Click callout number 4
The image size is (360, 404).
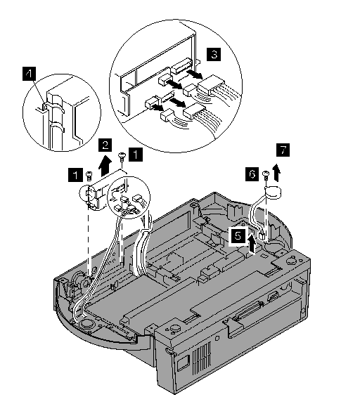pos(29,74)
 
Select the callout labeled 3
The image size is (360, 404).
pos(214,55)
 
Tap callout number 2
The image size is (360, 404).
pos(105,145)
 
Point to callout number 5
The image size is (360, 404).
pos(238,235)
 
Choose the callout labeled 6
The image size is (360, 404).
pos(252,174)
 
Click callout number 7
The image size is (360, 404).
pos(283,150)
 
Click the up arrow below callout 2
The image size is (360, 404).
pos(105,165)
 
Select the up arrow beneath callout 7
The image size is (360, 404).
pos(277,172)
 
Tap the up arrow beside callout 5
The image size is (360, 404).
pos(251,242)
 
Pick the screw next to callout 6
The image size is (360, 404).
pos(266,175)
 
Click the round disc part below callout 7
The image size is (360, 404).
pos(273,193)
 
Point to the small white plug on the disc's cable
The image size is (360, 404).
pos(262,235)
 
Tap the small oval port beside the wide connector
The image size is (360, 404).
pos(272,296)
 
